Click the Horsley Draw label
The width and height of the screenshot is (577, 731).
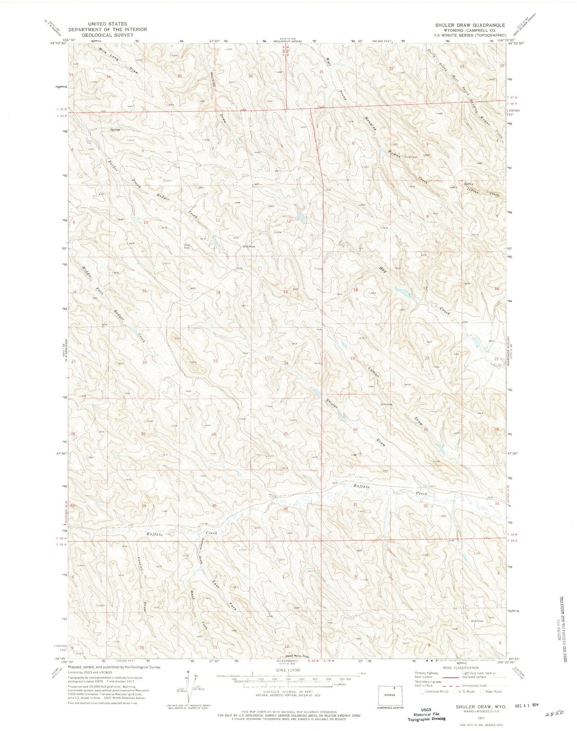pyautogui.click(x=218, y=97)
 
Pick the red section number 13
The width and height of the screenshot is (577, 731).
pyautogui.click(x=285, y=292)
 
